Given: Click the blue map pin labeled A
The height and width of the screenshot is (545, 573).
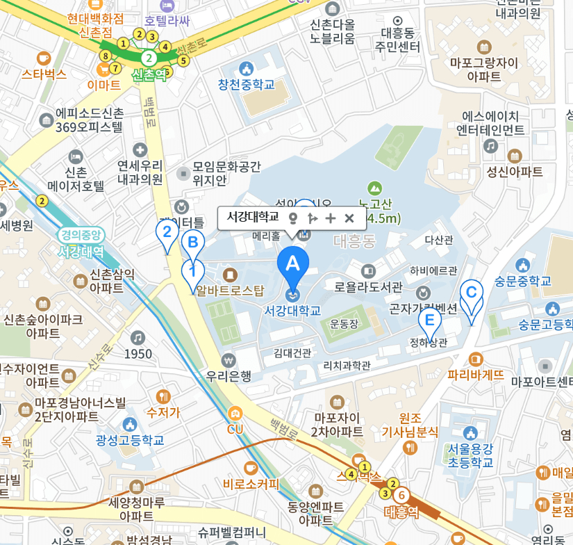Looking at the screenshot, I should coord(293,265).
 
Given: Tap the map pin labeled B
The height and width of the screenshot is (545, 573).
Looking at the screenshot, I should coord(193,243).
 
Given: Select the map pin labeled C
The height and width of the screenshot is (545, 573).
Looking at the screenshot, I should coord(472,293).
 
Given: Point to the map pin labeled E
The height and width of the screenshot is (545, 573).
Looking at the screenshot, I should coord(429,321).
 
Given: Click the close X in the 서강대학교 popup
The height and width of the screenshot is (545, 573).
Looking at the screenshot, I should coord(349,218).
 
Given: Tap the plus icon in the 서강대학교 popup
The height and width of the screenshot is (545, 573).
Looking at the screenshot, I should coord(331,218).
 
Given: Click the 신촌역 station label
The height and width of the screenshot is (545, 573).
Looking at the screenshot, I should coord(149,74).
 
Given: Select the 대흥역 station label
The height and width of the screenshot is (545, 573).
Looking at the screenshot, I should coord(402,512).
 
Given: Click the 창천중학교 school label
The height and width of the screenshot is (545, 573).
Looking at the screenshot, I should coord(246,84).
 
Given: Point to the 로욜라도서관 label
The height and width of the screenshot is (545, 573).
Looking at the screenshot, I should coord(368,286).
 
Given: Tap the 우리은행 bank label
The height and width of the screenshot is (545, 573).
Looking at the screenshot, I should coord(229,376).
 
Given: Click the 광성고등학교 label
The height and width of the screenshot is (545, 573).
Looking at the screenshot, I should coord(130,439).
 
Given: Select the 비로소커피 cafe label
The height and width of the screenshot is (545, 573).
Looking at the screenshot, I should coord(251,484).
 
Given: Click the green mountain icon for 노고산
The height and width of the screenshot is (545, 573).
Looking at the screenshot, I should coord(375,188).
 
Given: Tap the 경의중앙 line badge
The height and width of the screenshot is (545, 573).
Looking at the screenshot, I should coord(81,235).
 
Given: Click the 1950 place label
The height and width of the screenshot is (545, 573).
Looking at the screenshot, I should coord(138,354).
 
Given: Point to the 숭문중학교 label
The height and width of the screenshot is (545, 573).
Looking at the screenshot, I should coord(522,280).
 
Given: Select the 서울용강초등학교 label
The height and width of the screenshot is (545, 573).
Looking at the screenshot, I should coord(470,455).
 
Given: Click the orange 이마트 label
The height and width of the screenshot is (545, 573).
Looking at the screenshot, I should coord(104,85).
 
